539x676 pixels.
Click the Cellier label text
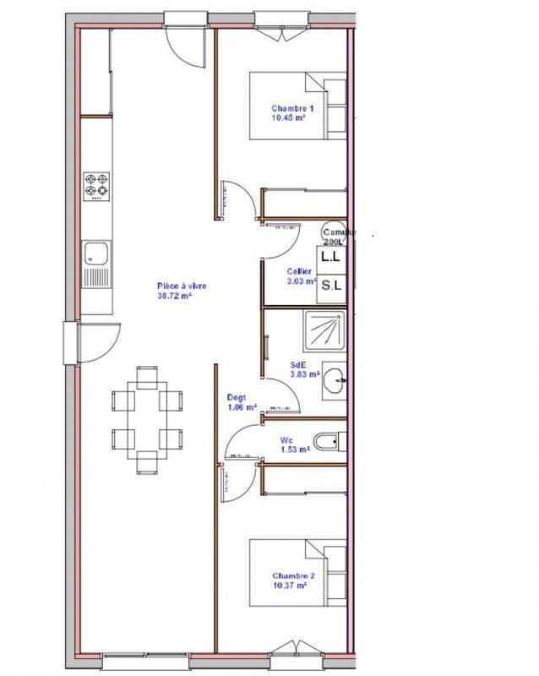click(299, 270)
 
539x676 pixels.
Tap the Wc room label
click(287, 439)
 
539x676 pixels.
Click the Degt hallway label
click(237, 397)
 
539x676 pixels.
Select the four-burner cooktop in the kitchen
click(96, 187)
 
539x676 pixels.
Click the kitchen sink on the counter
click(96, 253)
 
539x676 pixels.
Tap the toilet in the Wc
click(326, 440)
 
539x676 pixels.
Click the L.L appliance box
click(330, 254)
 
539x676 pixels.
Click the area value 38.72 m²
click(174, 297)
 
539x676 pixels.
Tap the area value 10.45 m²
click(287, 118)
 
